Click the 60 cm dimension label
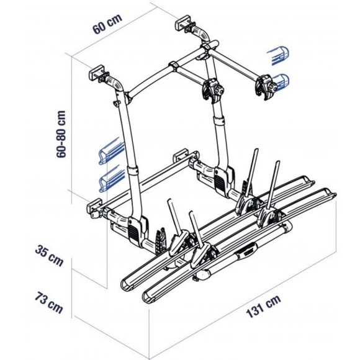coord(107,24)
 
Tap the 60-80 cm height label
coord(61,134)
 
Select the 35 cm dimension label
coord(49,256)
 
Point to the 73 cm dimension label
coord(48,302)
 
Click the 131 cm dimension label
coord(263,306)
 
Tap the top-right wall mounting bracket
coord(183,22)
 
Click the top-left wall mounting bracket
coord(97,73)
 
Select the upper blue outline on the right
coord(278,55)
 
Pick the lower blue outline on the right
coord(282,82)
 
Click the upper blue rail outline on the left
coord(111,151)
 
